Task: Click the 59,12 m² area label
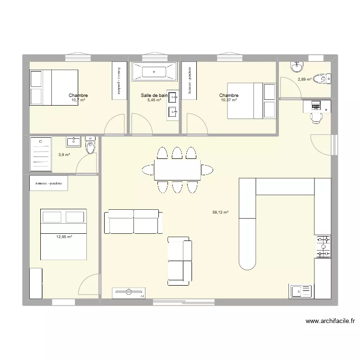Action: pyautogui.click(x=220, y=212)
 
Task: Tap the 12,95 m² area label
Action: pyautogui.click(x=64, y=237)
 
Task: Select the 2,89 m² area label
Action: pyautogui.click(x=304, y=80)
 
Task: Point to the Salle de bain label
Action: pyautogui.click(x=154, y=96)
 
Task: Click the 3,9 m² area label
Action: pyautogui.click(x=64, y=155)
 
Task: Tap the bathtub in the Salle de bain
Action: pyautogui.click(x=154, y=72)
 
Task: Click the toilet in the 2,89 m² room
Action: pyautogui.click(x=324, y=78)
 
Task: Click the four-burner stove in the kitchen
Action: pyautogui.click(x=323, y=246)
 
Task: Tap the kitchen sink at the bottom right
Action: pyautogui.click(x=300, y=291)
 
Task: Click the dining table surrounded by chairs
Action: pyautogui.click(x=177, y=169)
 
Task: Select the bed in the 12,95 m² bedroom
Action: pyautogui.click(x=63, y=234)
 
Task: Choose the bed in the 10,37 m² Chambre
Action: pyautogui.click(x=251, y=100)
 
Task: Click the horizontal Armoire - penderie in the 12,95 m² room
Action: pyautogui.click(x=48, y=183)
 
